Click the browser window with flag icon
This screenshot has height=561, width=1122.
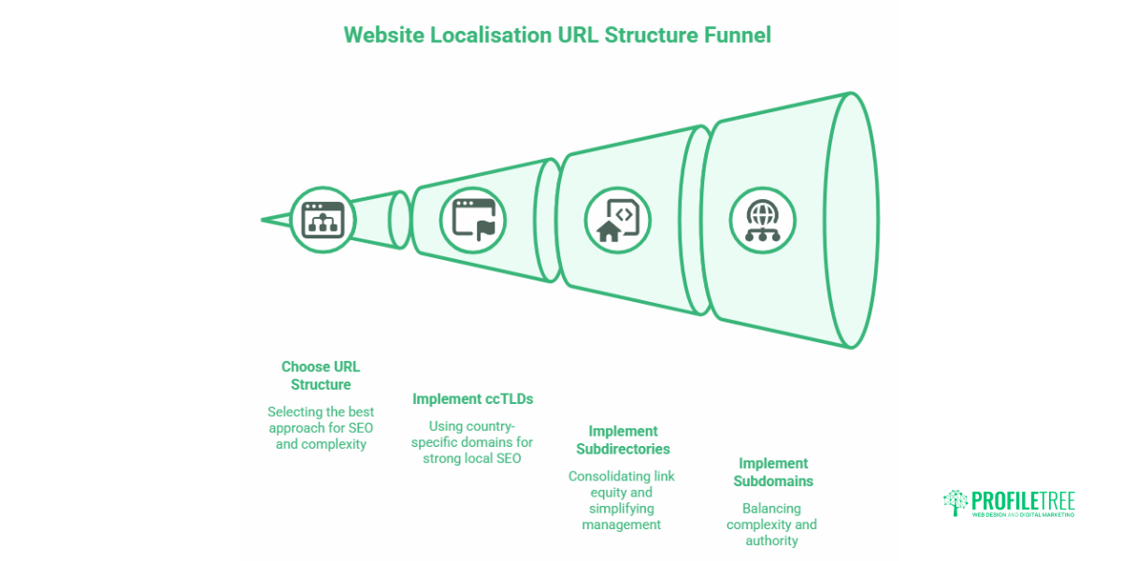click(x=473, y=220)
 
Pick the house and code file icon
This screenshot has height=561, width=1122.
click(x=617, y=220)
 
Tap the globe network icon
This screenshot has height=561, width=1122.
click(x=762, y=220)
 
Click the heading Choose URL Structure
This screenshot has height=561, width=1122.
click(x=321, y=375)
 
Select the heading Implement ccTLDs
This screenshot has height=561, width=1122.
click(x=472, y=398)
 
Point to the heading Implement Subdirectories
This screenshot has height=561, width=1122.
click(x=623, y=439)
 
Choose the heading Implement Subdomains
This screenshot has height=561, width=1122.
click(x=772, y=472)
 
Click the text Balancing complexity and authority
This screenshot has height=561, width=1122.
click(x=772, y=525)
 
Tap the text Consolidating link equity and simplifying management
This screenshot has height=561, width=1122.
click(x=622, y=500)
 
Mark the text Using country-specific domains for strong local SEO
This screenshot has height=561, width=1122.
click(x=472, y=442)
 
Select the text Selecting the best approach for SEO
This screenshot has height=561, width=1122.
click(x=321, y=427)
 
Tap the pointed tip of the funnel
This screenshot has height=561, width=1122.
click(x=265, y=221)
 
